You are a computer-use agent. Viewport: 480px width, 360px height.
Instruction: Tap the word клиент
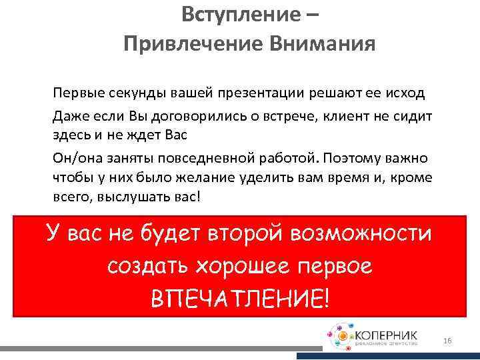(339, 117)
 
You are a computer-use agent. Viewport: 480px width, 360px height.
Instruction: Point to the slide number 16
(447, 341)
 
